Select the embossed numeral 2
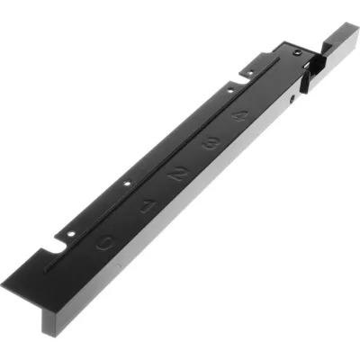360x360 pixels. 178,173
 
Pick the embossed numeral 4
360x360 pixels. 238,115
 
